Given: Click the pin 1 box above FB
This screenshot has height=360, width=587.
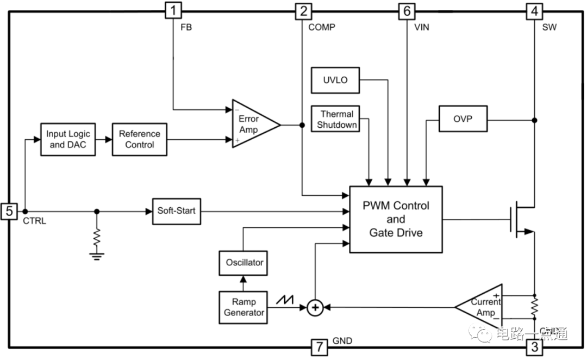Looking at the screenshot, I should (x=173, y=10).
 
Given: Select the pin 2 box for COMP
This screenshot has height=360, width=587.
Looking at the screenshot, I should (x=302, y=10).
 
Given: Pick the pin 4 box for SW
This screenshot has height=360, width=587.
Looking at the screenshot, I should (x=535, y=10).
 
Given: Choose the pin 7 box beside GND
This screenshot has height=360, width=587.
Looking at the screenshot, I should (x=319, y=346).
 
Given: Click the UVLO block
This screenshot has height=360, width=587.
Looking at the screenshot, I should (x=335, y=80).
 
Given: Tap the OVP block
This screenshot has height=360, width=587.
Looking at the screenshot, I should (x=463, y=119).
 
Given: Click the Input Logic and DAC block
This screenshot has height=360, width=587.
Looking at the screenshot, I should (x=68, y=139).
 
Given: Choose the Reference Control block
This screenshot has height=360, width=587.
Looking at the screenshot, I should (x=140, y=139).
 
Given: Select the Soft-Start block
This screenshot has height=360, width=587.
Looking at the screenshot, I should (x=176, y=210).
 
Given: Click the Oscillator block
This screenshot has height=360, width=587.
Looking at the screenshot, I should (x=245, y=263).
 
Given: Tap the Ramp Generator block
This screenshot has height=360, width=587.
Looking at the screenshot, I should (x=243, y=307).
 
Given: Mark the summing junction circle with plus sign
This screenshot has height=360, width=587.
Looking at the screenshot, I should (x=315, y=308).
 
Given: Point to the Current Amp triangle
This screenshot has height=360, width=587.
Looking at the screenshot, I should (x=483, y=307).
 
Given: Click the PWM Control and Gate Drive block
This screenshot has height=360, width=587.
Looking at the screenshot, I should (x=396, y=219).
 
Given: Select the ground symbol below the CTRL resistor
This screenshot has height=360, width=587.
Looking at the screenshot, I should (x=97, y=255).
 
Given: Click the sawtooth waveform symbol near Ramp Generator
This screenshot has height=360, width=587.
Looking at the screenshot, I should (x=285, y=300).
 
